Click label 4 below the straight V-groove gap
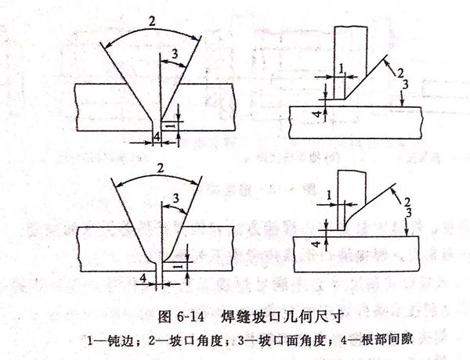point(157,138)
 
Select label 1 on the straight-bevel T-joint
point(342,70)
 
